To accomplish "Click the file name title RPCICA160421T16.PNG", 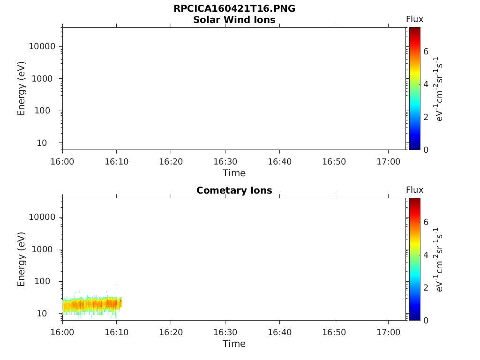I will point(234,9).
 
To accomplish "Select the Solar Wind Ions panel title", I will point(234,20).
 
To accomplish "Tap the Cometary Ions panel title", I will point(234,190).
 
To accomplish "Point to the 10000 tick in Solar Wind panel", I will point(43,46).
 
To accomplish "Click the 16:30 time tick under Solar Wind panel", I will point(225,162).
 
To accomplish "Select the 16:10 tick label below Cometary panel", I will point(116,332).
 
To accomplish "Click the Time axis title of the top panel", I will point(234,173).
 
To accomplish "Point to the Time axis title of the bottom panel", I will point(234,344).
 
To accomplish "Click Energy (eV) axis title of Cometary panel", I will point(22,259).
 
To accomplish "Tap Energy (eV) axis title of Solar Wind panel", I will point(22,89).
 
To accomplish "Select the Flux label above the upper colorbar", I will point(414,19).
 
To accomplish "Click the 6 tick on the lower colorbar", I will point(426,222).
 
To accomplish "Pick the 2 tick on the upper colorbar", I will point(426,117).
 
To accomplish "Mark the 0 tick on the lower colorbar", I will point(426,320).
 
